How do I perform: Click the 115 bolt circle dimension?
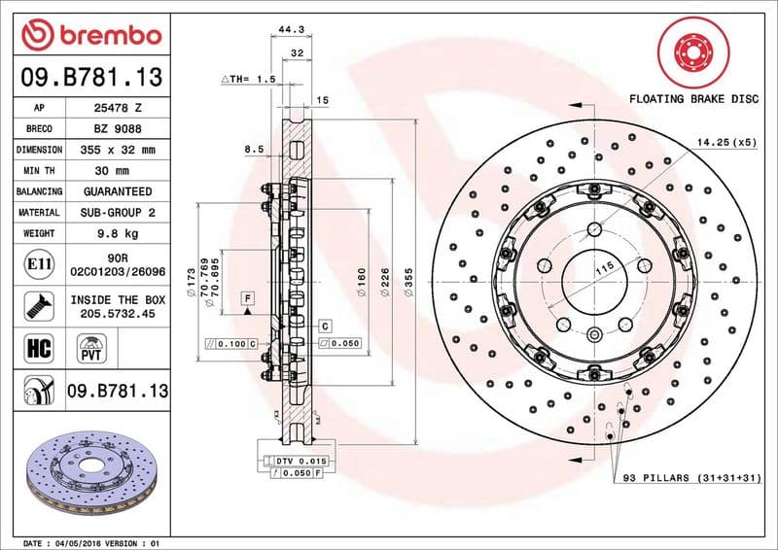pyautogui.click(x=602, y=267)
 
